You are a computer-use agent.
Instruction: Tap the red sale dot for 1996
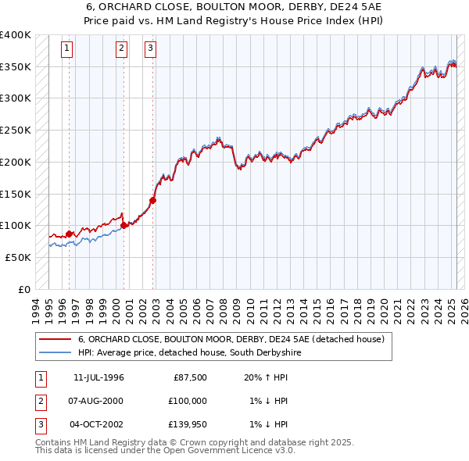(x=69, y=233)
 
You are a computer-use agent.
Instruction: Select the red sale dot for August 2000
(x=124, y=225)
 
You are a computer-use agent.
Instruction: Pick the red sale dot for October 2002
(x=153, y=200)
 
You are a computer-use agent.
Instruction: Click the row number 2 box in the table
(x=40, y=402)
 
